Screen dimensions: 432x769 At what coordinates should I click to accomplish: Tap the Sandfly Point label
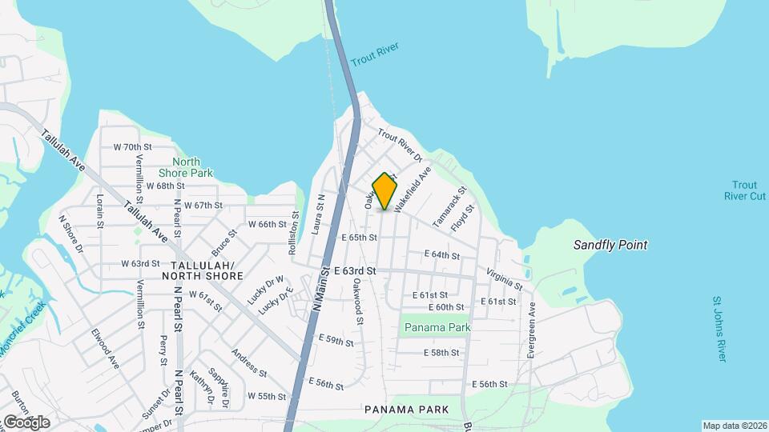point(610,245)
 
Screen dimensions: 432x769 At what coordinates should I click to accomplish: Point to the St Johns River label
point(719,329)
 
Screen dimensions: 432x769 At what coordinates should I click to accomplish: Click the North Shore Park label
point(186,167)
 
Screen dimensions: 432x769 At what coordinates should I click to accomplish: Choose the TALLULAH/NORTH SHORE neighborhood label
point(202,270)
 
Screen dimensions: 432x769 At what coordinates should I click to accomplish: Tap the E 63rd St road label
point(356,272)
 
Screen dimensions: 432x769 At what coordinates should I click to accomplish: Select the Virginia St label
point(505,279)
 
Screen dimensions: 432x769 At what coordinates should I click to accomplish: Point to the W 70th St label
point(132,147)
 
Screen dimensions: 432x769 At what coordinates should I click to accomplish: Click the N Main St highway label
point(320,290)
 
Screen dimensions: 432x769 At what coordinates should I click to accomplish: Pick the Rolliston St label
point(294,231)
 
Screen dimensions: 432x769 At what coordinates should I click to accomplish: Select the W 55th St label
point(267,396)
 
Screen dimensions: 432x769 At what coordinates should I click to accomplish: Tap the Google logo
point(26,422)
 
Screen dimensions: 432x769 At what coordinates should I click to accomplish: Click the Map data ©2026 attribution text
point(734,426)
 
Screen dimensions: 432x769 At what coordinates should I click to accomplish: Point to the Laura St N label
point(320,213)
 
